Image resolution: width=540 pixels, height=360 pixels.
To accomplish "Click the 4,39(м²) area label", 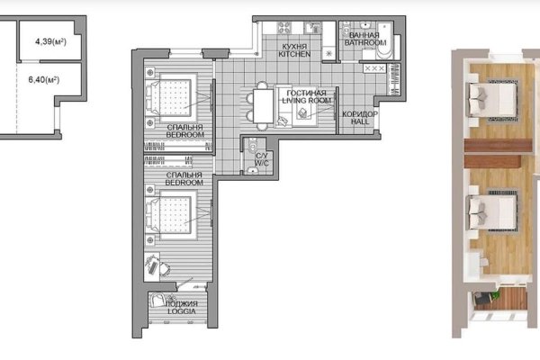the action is tap(50, 41).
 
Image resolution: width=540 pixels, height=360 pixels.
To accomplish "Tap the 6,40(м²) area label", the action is tap(44, 80).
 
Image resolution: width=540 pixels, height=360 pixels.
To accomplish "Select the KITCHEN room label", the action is tap(294, 54).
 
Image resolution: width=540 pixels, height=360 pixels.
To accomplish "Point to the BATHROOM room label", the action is tap(365, 42).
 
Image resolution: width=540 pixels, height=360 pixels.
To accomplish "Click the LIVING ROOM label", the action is tap(307, 101).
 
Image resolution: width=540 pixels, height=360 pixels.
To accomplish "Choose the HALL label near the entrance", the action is tap(360, 121).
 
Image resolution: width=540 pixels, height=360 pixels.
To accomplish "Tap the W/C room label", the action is tap(262, 163).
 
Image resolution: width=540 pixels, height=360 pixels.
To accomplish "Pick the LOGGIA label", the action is tap(182, 311).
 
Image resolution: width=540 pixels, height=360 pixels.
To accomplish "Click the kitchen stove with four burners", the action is tap(284, 28).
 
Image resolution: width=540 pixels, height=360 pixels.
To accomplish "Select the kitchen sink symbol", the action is tap(312, 28).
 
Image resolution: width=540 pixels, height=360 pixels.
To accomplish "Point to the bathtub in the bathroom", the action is tap(385, 40).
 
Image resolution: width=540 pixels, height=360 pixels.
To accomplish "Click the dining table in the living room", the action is tap(264, 106).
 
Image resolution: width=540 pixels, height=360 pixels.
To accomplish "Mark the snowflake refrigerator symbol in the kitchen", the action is tap(328, 53).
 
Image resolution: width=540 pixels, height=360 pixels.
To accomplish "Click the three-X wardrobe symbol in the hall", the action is tap(374, 68).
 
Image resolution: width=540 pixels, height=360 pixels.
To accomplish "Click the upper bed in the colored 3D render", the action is tap(492, 100).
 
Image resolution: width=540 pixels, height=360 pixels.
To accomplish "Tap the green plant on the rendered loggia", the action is tap(495, 295).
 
